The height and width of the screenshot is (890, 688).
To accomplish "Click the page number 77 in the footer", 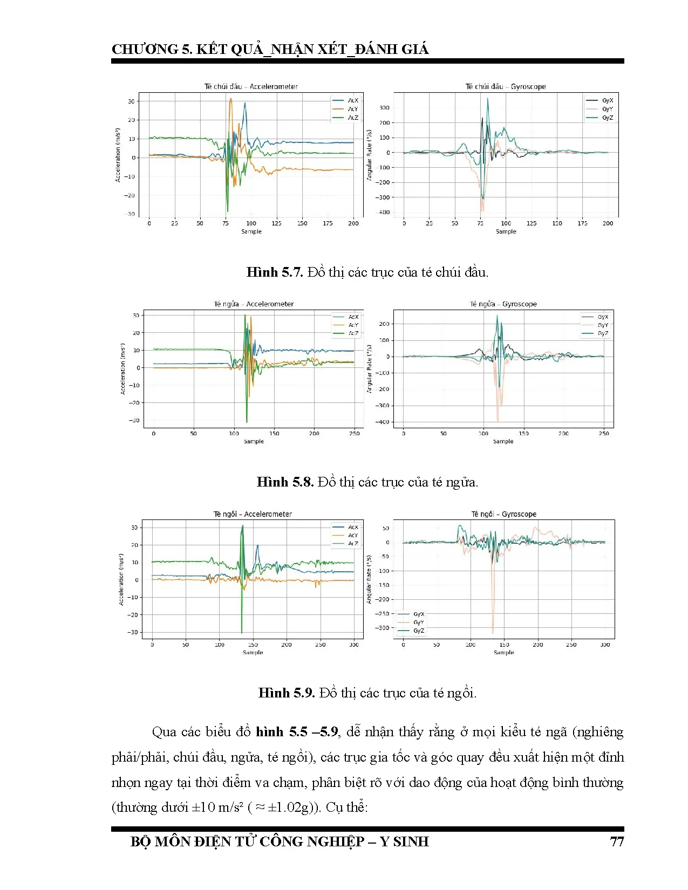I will click(616, 841).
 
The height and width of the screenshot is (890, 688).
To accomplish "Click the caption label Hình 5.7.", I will click(275, 272).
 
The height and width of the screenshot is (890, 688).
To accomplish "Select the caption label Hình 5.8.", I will click(285, 482).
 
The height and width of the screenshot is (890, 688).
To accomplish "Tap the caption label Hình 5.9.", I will click(287, 693).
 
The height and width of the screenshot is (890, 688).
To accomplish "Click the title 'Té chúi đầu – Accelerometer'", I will click(251, 86).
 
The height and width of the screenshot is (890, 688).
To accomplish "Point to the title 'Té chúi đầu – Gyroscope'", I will click(506, 86).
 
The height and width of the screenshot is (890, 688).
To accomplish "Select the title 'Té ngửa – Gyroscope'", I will click(503, 304).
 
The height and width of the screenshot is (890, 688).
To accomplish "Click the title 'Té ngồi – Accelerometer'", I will click(253, 514).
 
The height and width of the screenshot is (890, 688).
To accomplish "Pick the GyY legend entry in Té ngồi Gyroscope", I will click(418, 622).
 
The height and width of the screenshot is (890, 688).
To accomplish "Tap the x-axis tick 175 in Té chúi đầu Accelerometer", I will click(328, 223).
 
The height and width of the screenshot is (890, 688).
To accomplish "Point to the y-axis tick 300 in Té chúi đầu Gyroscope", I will click(384, 108).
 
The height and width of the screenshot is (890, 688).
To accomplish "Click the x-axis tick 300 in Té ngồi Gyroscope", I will click(605, 645).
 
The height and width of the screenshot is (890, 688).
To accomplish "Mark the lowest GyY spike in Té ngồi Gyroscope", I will click(493, 632).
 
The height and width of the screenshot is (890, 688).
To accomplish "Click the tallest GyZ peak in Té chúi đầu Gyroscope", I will click(488, 99).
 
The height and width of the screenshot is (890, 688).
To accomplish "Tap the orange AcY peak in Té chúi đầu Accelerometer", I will click(231, 99).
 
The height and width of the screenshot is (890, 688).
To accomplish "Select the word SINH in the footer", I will click(411, 841).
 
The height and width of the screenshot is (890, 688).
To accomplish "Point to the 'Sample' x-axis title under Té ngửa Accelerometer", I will click(254, 441).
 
